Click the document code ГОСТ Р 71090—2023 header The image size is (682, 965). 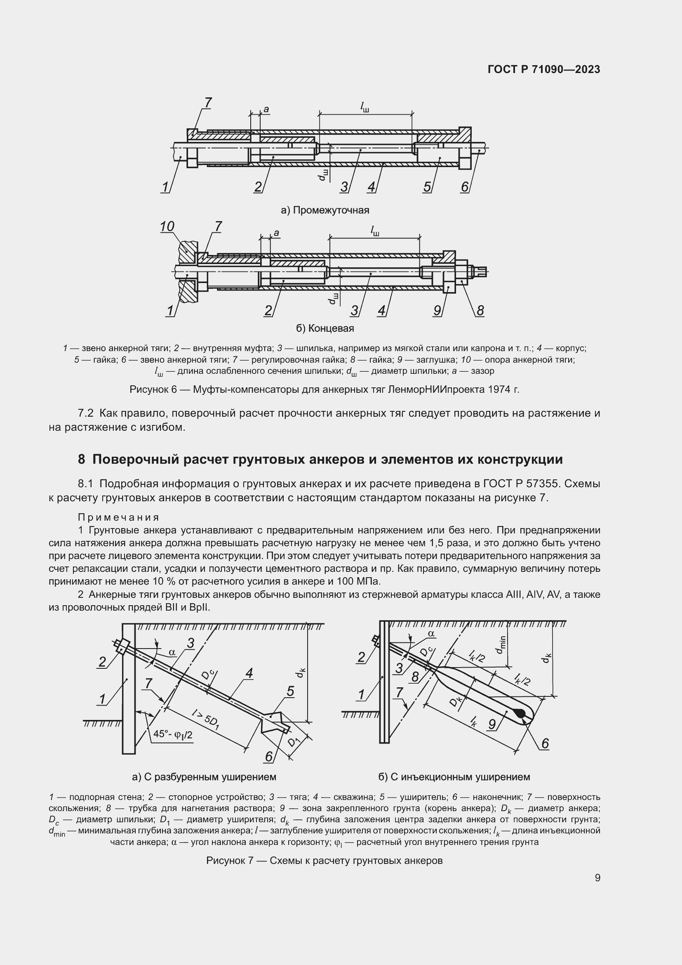544,69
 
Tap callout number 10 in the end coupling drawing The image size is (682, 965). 167,227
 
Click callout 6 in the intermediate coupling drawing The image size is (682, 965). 464,186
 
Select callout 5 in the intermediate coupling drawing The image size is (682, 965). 427,186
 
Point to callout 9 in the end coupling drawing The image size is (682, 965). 437,311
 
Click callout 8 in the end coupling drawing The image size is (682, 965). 480,311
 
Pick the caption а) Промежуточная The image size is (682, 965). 325,210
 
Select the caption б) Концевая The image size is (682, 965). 325,328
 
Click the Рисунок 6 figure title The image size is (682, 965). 324,389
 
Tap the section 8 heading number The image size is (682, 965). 82,459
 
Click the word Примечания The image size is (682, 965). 118,517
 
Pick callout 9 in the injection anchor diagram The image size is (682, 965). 492,724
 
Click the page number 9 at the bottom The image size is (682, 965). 597,878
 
